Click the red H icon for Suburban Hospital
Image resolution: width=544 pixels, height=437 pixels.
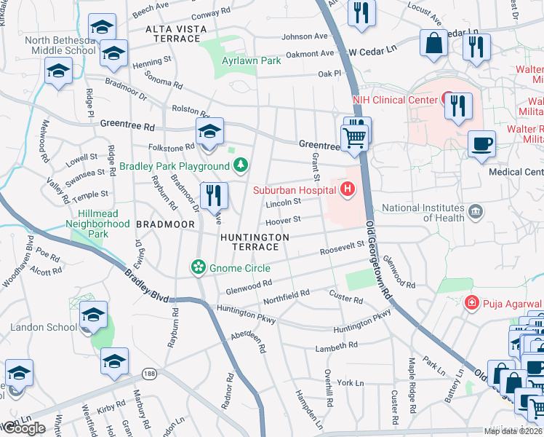tap(348, 190)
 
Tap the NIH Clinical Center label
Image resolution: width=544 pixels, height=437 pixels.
tap(394, 100)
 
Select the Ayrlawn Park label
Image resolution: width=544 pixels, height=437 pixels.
tap(251, 61)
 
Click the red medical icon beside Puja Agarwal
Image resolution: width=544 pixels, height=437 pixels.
tap(471, 302)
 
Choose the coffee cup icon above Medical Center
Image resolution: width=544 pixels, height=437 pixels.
tap(481, 143)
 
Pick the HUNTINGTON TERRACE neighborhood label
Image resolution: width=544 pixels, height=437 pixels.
tap(255, 242)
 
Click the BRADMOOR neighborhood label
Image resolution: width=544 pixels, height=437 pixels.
tap(169, 225)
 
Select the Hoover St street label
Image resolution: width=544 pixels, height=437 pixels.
tap(283, 219)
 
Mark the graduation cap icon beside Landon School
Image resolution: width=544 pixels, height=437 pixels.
tap(93, 315)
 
